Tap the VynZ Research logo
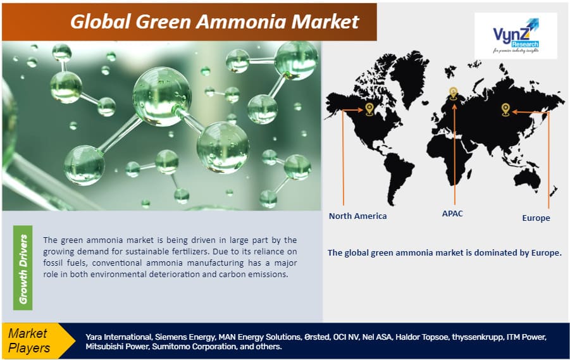pyautogui.click(x=516, y=35)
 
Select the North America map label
pyautogui.click(x=357, y=216)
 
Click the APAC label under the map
pyautogui.click(x=452, y=213)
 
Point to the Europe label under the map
pyautogui.click(x=536, y=218)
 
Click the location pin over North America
pyautogui.click(x=369, y=109)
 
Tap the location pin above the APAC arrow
pyautogui.click(x=454, y=94)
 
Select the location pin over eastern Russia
pyautogui.click(x=505, y=109)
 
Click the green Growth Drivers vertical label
pyautogui.click(x=23, y=268)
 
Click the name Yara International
pyautogui.click(x=119, y=337)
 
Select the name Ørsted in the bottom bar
pyautogui.click(x=316, y=337)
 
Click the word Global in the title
pyautogui.click(x=101, y=22)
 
